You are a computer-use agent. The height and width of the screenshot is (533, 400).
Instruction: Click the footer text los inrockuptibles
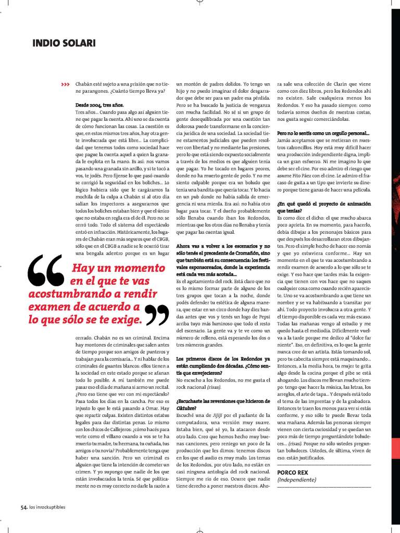(x=47, y=507)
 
